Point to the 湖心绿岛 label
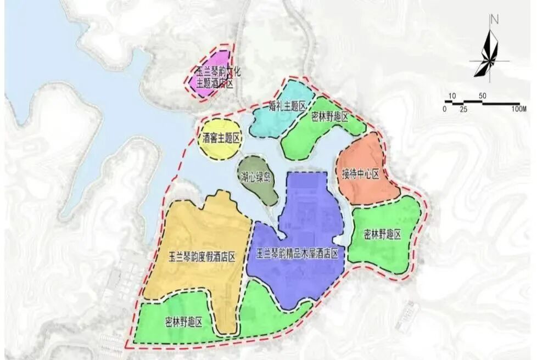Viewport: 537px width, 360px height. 256,177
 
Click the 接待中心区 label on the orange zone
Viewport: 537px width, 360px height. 361,175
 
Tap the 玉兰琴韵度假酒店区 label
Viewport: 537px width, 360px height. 202,256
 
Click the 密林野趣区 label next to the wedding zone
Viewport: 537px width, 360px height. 330,116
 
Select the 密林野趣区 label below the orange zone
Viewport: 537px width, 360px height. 383,234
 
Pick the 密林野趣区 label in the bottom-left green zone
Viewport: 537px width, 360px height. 184,322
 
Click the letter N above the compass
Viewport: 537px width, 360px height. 494,20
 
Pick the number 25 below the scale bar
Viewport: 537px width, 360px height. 463,109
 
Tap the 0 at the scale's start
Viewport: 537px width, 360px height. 444,109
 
